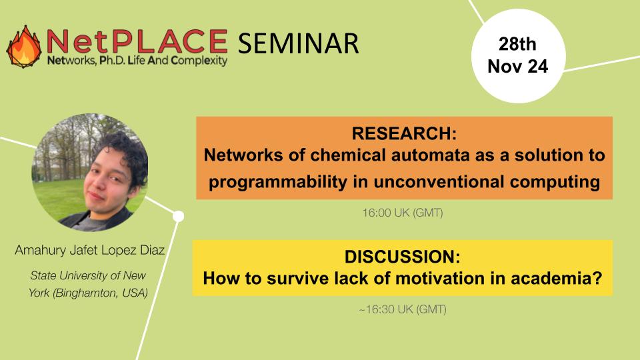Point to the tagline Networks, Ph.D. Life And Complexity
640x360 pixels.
[x=137, y=61]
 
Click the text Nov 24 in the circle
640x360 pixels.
[x=517, y=67]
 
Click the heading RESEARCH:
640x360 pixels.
[x=404, y=133]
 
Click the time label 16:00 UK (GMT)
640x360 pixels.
[x=403, y=214]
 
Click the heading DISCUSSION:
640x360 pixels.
[x=402, y=257]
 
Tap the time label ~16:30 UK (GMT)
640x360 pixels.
[x=402, y=310]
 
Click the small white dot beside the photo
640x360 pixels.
[x=178, y=215]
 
